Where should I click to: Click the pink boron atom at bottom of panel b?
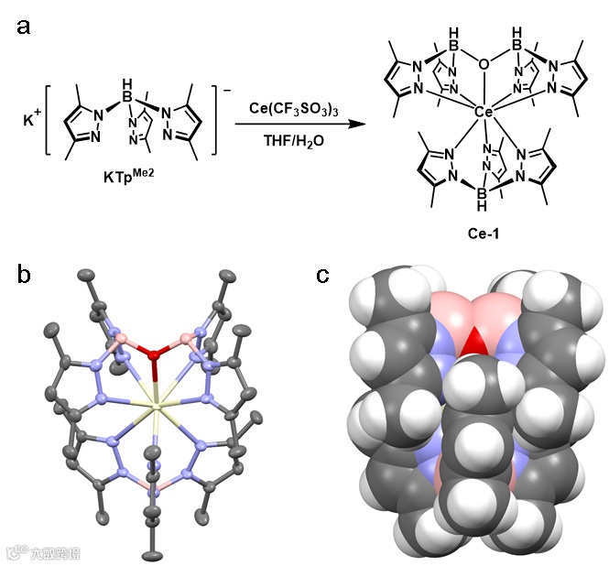point(152,493)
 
